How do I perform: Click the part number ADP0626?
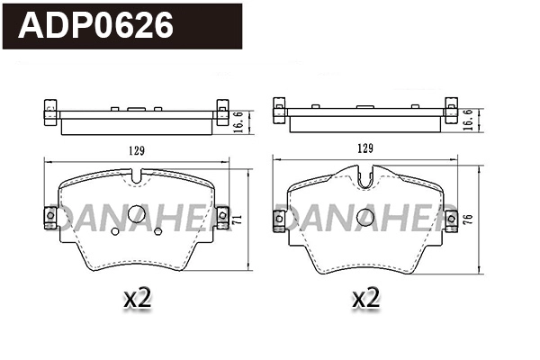click(97, 26)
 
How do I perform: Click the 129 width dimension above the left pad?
click(135, 149)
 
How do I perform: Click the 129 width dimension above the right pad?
click(365, 149)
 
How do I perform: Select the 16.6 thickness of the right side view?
click(469, 119)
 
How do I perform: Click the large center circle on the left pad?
click(136, 214)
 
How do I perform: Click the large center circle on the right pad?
click(364, 217)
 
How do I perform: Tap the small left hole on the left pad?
click(114, 231)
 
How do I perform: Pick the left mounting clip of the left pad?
click(49, 217)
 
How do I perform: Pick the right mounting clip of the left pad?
click(222, 217)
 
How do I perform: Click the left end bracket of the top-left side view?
click(49, 112)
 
